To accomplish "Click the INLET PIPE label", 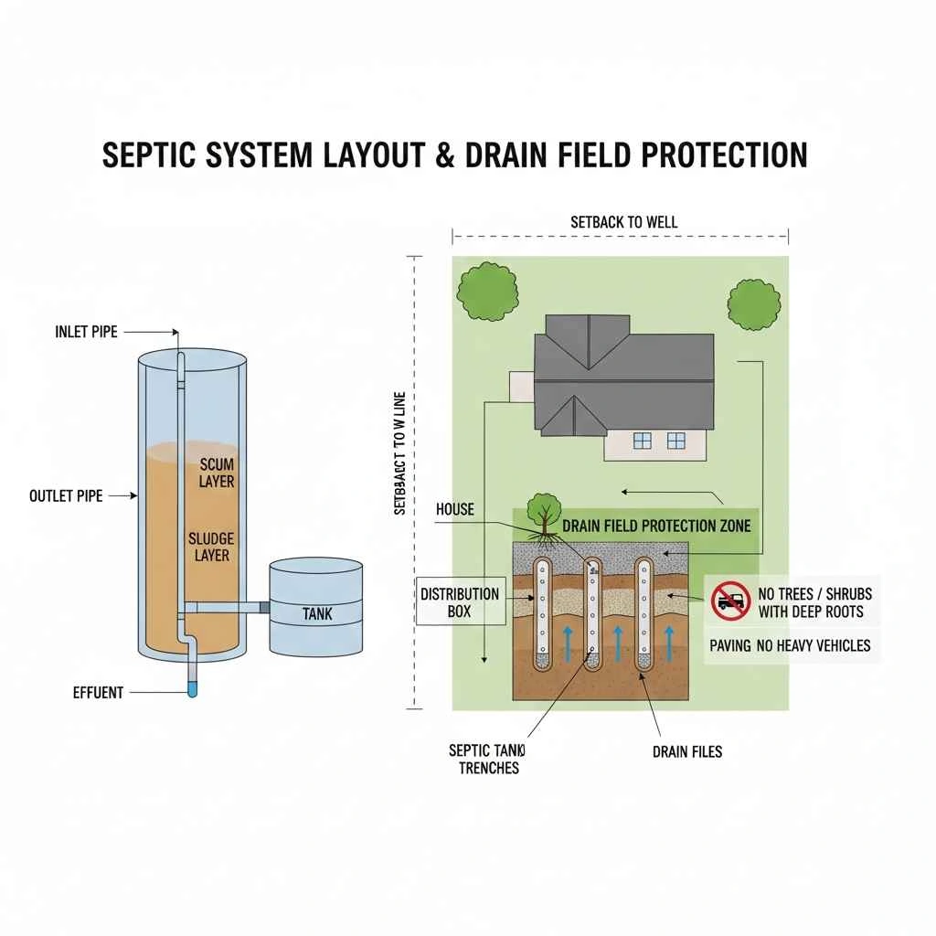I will [86, 332].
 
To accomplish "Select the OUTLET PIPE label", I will [66, 495].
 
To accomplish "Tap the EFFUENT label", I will [98, 692].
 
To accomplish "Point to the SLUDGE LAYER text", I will [209, 546].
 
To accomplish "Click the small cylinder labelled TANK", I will [316, 608].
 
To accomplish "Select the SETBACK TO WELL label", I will [623, 221].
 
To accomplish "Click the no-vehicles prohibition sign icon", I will [730, 601].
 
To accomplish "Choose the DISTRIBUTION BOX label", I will [460, 602].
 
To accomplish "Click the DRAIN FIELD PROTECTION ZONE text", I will [656, 526].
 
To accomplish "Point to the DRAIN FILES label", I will [687, 751].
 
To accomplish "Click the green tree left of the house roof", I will [486, 292].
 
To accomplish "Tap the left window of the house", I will [643, 441].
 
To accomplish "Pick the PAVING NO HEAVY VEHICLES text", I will [790, 645].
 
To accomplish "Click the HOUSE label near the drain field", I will [455, 509].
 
